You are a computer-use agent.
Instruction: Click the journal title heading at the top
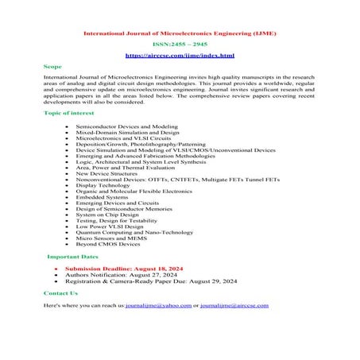click(180, 33)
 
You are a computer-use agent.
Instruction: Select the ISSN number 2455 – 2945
click(180, 45)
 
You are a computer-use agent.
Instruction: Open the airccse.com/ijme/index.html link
click(180, 56)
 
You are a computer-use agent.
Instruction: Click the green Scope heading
click(53, 68)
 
